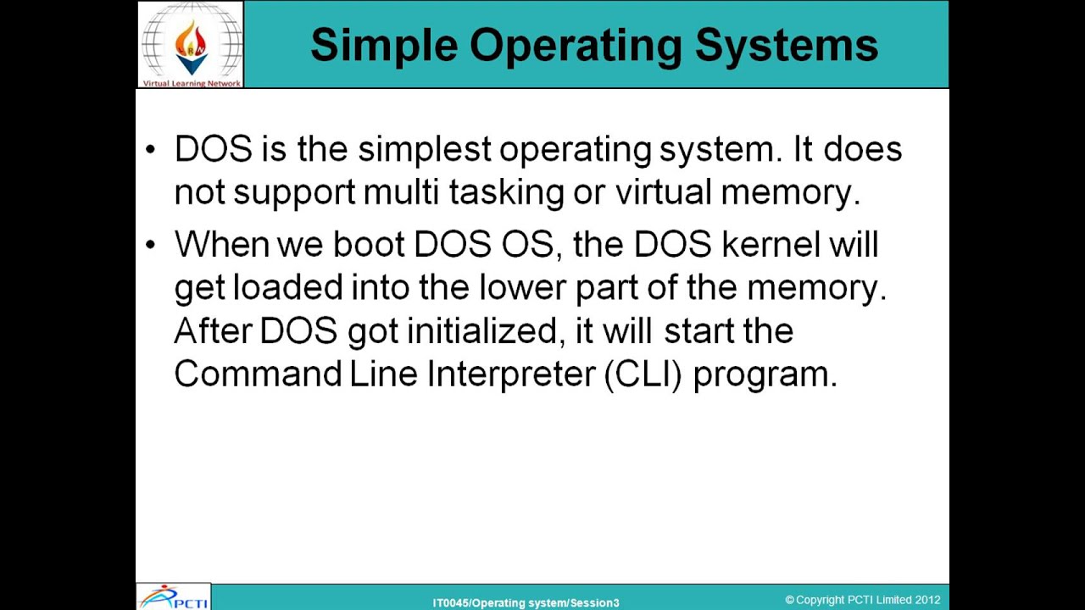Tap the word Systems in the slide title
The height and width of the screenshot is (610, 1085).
click(786, 46)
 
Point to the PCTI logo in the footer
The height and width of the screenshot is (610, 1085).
click(174, 597)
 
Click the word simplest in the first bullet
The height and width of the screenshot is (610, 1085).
click(424, 149)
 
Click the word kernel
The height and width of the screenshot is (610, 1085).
click(771, 244)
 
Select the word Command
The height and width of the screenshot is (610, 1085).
click(258, 374)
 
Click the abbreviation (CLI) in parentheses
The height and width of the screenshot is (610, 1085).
click(643, 374)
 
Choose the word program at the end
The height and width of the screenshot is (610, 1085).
click(765, 374)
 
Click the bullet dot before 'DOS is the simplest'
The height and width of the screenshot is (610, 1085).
click(151, 150)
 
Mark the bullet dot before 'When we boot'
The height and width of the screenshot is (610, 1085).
click(151, 245)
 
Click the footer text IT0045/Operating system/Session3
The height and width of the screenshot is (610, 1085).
click(526, 602)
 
